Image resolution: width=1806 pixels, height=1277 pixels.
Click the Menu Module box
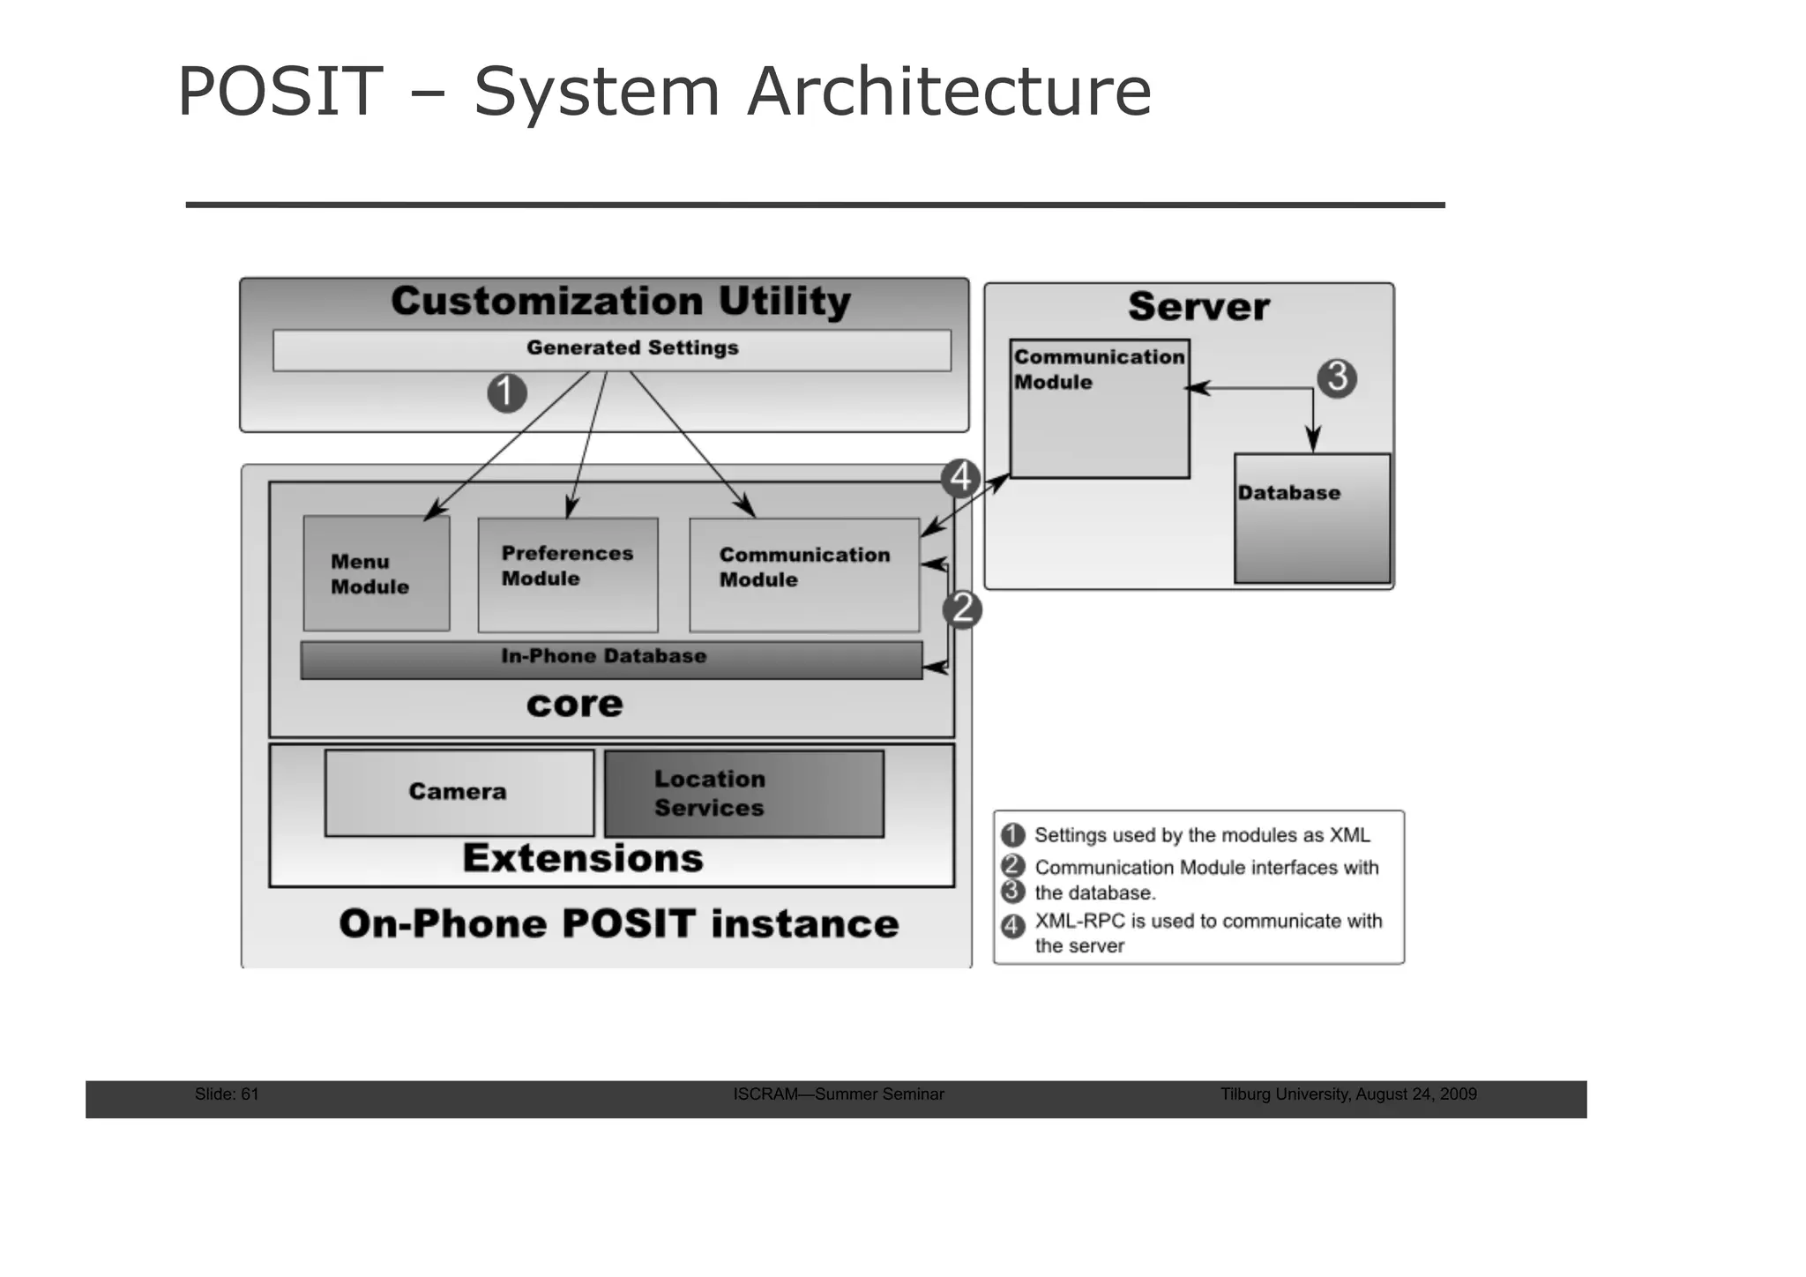(x=377, y=573)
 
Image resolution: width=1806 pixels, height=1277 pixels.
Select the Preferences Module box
(x=568, y=574)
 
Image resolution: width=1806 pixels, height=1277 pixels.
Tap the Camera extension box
(x=459, y=792)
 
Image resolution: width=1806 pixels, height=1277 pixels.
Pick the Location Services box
(x=743, y=793)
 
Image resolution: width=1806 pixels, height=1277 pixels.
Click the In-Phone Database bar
(x=610, y=659)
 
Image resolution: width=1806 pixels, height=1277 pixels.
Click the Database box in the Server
(x=1311, y=518)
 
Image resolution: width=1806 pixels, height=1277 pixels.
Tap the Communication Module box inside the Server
(x=1099, y=409)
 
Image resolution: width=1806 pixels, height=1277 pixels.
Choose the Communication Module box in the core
(x=803, y=574)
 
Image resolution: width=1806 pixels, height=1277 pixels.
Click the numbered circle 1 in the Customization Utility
(x=507, y=392)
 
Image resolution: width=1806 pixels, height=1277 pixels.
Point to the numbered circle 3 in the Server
(x=1337, y=377)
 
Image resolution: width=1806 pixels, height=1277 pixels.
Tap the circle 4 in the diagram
(x=960, y=478)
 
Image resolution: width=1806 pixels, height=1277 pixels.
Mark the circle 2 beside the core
(x=962, y=609)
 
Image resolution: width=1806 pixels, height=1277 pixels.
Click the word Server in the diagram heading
(x=1198, y=307)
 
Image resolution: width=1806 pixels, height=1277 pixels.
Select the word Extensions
(x=583, y=858)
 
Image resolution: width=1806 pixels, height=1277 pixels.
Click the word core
(x=574, y=705)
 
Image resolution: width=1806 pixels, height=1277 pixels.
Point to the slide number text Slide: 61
(x=227, y=1094)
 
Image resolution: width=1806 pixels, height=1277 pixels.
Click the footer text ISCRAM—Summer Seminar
(x=838, y=1094)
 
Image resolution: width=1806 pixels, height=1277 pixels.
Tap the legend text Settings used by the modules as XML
(x=1202, y=835)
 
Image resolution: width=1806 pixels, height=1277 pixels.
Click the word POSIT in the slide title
(x=280, y=92)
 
